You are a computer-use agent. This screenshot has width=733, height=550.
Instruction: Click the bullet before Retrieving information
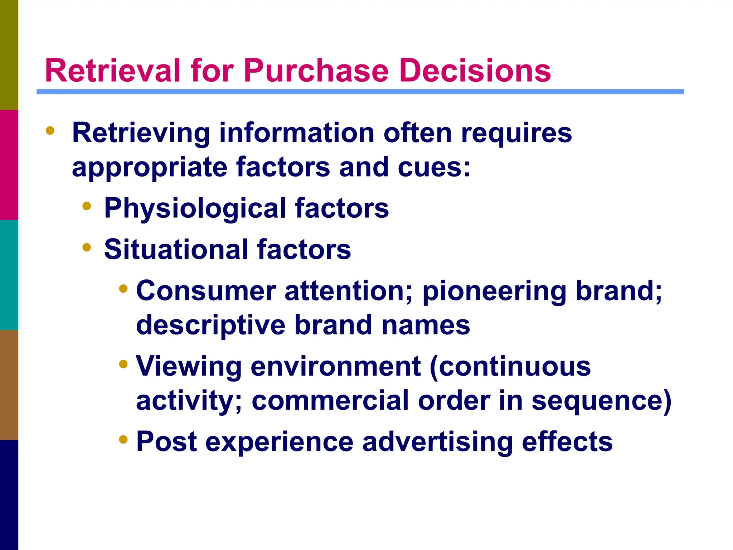(x=50, y=131)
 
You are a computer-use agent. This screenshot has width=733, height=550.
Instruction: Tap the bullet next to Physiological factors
(x=87, y=206)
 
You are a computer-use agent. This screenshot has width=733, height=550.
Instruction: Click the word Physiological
(x=195, y=209)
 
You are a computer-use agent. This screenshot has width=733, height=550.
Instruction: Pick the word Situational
(x=176, y=250)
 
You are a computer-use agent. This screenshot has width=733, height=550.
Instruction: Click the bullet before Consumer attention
(x=123, y=289)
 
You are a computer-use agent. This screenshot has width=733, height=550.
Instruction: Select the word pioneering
(x=494, y=291)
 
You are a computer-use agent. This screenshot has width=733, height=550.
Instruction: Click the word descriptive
(x=210, y=325)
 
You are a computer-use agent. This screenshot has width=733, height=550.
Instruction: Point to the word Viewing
(x=189, y=367)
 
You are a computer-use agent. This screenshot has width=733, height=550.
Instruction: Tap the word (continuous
(x=510, y=367)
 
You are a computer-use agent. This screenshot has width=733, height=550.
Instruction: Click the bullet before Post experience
(x=123, y=439)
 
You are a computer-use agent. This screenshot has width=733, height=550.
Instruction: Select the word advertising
(x=437, y=442)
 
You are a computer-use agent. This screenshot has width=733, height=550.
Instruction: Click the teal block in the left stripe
(x=9, y=275)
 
